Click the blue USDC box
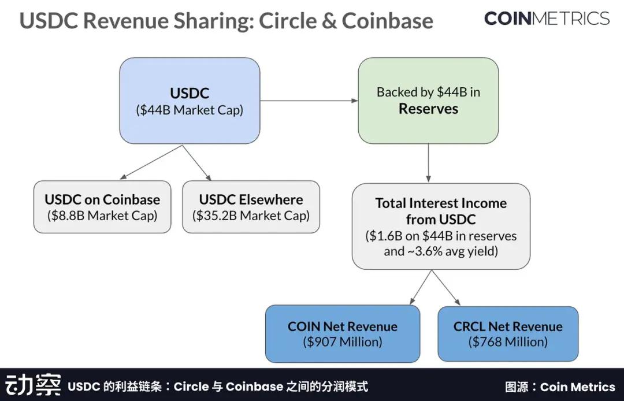[x=190, y=101]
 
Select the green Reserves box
[x=428, y=101]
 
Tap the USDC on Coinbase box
[x=102, y=207]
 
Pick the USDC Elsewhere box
[x=251, y=207]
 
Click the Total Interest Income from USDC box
[x=441, y=227]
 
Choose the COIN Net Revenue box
[x=343, y=334]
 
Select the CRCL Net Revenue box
[x=508, y=334]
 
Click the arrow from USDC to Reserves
[x=309, y=101]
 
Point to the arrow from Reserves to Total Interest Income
[x=428, y=163]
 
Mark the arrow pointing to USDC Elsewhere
[x=197, y=162]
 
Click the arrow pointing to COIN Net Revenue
[x=421, y=287]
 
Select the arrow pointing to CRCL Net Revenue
[x=447, y=287]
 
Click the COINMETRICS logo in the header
[x=547, y=18]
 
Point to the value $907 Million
[x=343, y=341]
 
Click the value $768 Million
[x=508, y=341]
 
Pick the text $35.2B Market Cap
[x=251, y=216]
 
